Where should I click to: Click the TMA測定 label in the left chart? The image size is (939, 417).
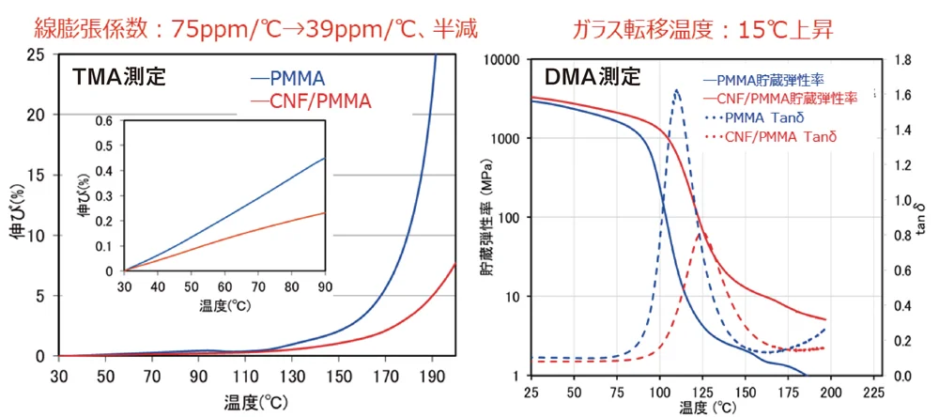pyautogui.click(x=118, y=77)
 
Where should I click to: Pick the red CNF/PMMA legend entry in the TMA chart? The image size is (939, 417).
pyautogui.click(x=310, y=102)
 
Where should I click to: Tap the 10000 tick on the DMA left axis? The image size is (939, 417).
pyautogui.click(x=501, y=60)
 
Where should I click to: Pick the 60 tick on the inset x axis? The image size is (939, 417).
pyautogui.click(x=224, y=286)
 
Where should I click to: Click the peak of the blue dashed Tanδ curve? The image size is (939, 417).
pyautogui.click(x=677, y=90)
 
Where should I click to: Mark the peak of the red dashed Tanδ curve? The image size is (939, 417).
pyautogui.click(x=699, y=234)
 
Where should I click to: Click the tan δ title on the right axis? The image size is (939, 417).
pyautogui.click(x=923, y=218)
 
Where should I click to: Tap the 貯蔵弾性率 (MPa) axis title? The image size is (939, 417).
pyautogui.click(x=489, y=218)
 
